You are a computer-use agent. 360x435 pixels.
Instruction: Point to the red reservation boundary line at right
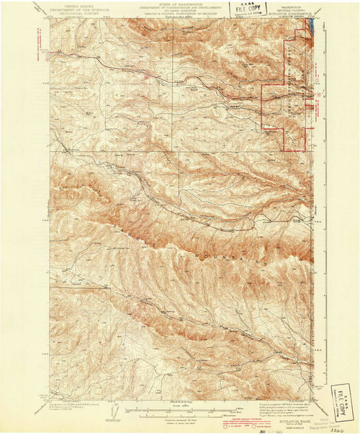tap(286, 79)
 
